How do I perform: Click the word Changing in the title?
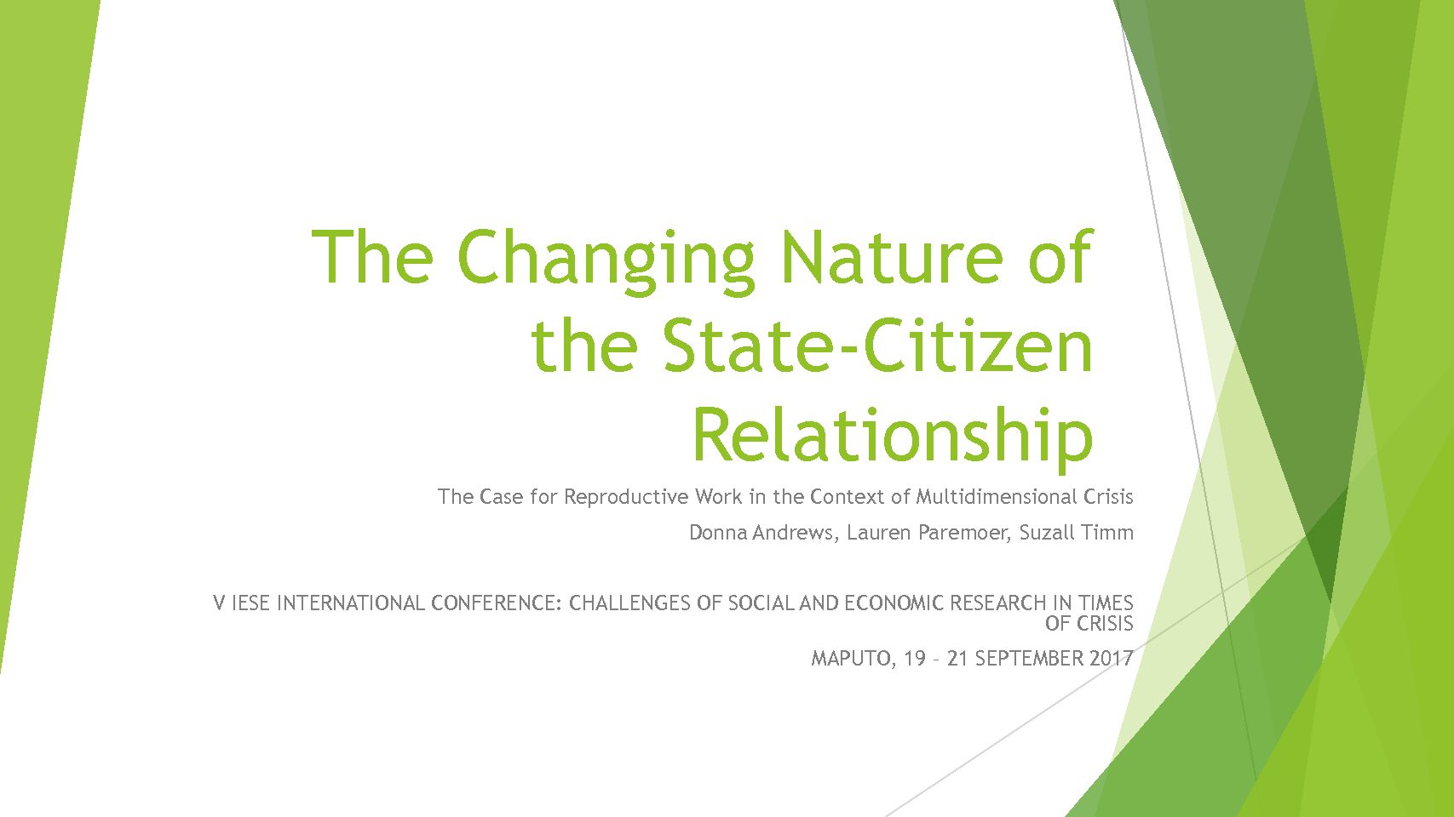606,262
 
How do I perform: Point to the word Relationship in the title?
894,437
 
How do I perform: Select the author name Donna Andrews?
761,533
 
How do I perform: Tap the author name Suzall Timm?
1076,533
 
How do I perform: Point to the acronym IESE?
251,603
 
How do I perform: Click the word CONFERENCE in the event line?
497,603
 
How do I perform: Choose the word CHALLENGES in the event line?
629,603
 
